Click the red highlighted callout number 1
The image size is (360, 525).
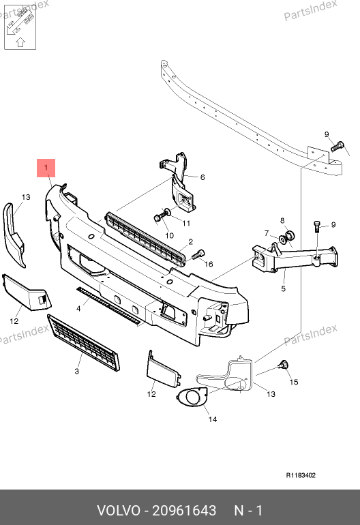click(x=46, y=168)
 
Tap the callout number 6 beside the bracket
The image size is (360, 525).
click(x=202, y=177)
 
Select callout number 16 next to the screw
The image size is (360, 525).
click(x=209, y=264)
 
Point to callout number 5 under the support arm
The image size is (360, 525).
click(x=284, y=288)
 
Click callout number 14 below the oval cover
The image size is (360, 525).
click(x=213, y=419)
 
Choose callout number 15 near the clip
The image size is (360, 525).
click(x=294, y=382)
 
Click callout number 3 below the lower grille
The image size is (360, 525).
click(x=76, y=371)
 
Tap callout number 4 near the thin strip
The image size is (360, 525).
click(x=78, y=308)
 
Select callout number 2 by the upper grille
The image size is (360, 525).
click(x=190, y=242)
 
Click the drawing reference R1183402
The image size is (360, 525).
click(x=301, y=475)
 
